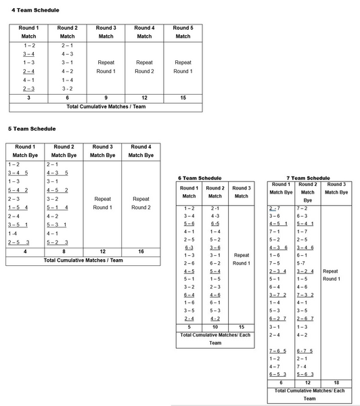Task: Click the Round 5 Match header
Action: coord(183,32)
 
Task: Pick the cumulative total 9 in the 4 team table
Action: coord(106,97)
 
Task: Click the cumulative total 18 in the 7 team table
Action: coord(336,382)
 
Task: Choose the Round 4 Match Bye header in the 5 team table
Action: coord(141,150)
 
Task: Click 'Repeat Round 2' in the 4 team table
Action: coord(144,66)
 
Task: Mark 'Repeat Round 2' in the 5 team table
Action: coord(141,203)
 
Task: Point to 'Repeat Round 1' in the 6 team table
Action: coord(241,259)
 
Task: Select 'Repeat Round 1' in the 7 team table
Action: coord(332,275)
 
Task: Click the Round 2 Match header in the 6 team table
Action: coord(215,192)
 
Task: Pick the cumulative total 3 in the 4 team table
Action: coord(28,97)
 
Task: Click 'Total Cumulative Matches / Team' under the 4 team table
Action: coord(106,107)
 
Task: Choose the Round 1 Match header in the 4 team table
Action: coord(28,32)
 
